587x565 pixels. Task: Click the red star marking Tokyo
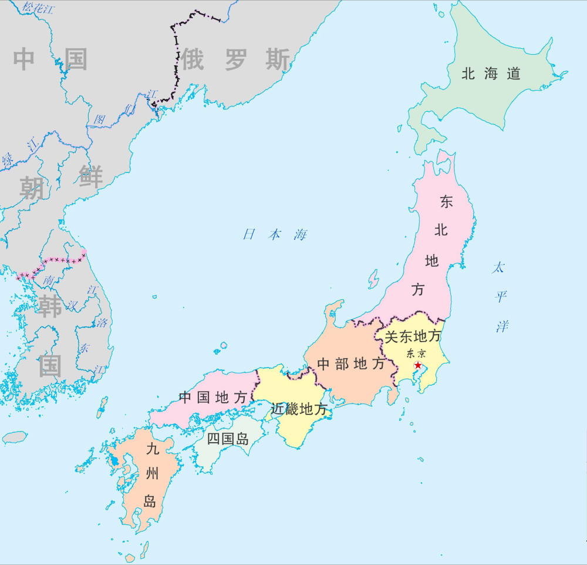[x=417, y=365]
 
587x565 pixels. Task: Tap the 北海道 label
[x=491, y=74]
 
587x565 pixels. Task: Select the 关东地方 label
[x=412, y=337]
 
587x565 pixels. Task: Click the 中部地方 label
[x=351, y=364]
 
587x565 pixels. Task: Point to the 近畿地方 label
[x=299, y=409]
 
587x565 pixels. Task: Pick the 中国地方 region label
[x=212, y=397]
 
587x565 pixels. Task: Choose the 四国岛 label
[x=228, y=439]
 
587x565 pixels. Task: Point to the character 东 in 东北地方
[x=446, y=202]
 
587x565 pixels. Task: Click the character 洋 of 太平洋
[x=501, y=326]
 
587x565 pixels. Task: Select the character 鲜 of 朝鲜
[x=91, y=176]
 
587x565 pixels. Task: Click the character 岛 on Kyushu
[x=150, y=502]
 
